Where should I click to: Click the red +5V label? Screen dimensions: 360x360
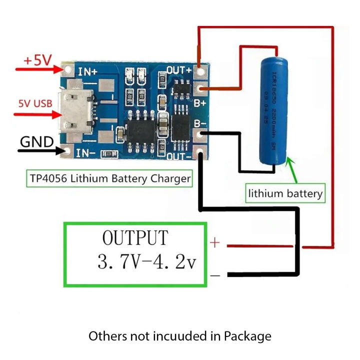point(37,60)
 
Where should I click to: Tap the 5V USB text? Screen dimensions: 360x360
point(35,103)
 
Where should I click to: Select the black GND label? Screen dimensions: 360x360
point(36,142)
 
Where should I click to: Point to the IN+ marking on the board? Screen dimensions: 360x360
point(87,71)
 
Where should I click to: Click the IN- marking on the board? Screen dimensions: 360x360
point(86,151)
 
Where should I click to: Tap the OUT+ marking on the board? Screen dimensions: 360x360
point(179,69)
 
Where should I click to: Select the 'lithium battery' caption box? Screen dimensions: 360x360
point(285,193)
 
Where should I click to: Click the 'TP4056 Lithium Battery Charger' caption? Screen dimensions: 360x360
point(108,178)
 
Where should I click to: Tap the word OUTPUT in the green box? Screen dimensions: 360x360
point(135,238)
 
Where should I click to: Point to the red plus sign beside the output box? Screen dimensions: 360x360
point(214,243)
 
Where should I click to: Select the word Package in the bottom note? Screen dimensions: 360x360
point(247,336)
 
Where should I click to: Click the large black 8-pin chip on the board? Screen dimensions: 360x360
point(140,129)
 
